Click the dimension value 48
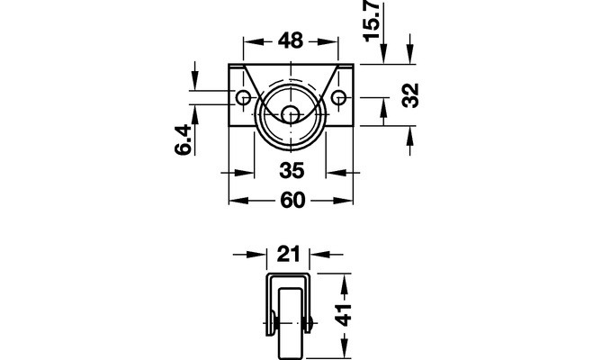point(291,40)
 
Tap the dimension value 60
point(292,200)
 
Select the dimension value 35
point(292,170)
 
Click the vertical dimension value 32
point(410,95)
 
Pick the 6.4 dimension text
point(183,139)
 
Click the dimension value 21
point(288,254)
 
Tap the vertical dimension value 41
point(344,315)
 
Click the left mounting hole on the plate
point(242,98)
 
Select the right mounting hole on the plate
point(338,98)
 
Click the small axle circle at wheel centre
point(291,113)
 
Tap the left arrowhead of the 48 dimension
point(250,41)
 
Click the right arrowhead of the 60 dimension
point(343,201)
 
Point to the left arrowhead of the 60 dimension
point(239,201)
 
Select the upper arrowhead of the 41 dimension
point(344,283)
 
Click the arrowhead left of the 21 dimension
point(257,255)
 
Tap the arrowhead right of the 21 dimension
point(320,255)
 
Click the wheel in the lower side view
point(291,324)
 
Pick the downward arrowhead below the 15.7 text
point(384,54)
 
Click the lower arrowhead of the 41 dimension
point(344,348)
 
